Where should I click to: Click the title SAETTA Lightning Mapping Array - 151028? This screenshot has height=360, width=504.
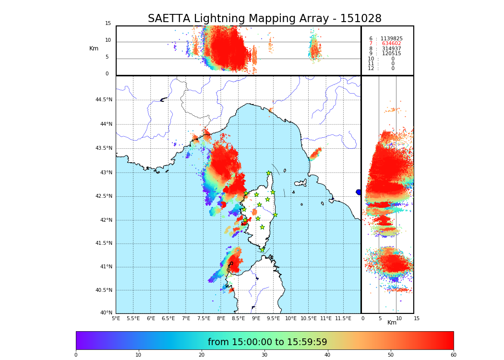pyautogui.click(x=264, y=19)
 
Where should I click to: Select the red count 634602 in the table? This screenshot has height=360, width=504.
pyautogui.click(x=391, y=44)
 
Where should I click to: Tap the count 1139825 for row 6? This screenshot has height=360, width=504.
pyautogui.click(x=391, y=39)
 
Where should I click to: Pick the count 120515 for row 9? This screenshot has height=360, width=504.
pyautogui.click(x=391, y=54)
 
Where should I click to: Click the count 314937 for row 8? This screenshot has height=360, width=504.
pyautogui.click(x=391, y=49)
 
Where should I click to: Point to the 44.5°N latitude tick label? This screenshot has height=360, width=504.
pyautogui.click(x=104, y=100)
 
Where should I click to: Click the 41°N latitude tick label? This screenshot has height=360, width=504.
pyautogui.click(x=106, y=267)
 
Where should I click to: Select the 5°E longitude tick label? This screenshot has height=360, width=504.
pyautogui.click(x=116, y=318)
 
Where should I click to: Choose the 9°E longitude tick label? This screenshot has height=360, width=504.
pyautogui.click(x=256, y=318)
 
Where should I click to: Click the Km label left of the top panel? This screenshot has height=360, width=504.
pyautogui.click(x=94, y=48)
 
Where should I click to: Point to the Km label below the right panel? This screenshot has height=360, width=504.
pyautogui.click(x=392, y=323)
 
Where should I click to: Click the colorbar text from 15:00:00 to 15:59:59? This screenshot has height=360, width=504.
pyautogui.click(x=267, y=342)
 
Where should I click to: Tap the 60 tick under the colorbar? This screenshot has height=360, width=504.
pyautogui.click(x=453, y=355)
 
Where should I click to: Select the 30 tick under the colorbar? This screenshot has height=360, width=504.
pyautogui.click(x=264, y=355)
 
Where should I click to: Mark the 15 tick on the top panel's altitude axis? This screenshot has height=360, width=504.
pyautogui.click(x=108, y=24)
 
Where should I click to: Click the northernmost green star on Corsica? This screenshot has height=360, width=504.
pyautogui.click(x=269, y=173)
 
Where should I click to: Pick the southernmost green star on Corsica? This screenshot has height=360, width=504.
pyautogui.click(x=262, y=250)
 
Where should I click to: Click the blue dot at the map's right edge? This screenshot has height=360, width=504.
pyautogui.click(x=359, y=192)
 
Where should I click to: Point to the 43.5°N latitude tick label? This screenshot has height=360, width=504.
pyautogui.click(x=104, y=148)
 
